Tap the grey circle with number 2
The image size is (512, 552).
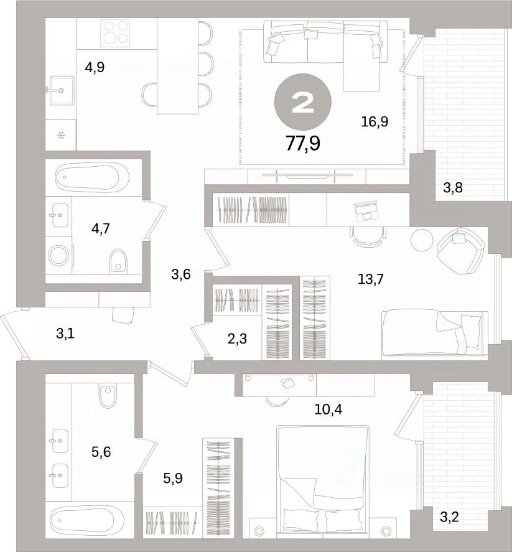(302, 102)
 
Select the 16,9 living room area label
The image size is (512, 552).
(375, 122)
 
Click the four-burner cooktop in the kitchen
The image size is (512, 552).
(115, 33)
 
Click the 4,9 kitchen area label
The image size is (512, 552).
(95, 67)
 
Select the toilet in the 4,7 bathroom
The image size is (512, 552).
(118, 261)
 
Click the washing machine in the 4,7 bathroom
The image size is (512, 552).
(59, 255)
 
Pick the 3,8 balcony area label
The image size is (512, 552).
(452, 188)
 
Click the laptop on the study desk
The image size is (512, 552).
(366, 210)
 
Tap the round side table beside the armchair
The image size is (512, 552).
(421, 240)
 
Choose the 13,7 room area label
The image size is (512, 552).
(371, 279)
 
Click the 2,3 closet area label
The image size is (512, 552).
(237, 339)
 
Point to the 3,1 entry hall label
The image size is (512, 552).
(65, 334)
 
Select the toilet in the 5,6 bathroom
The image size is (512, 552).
(108, 396)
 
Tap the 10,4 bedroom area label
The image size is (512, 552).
(328, 409)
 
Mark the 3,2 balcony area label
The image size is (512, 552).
(450, 517)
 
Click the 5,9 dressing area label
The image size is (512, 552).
(173, 478)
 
